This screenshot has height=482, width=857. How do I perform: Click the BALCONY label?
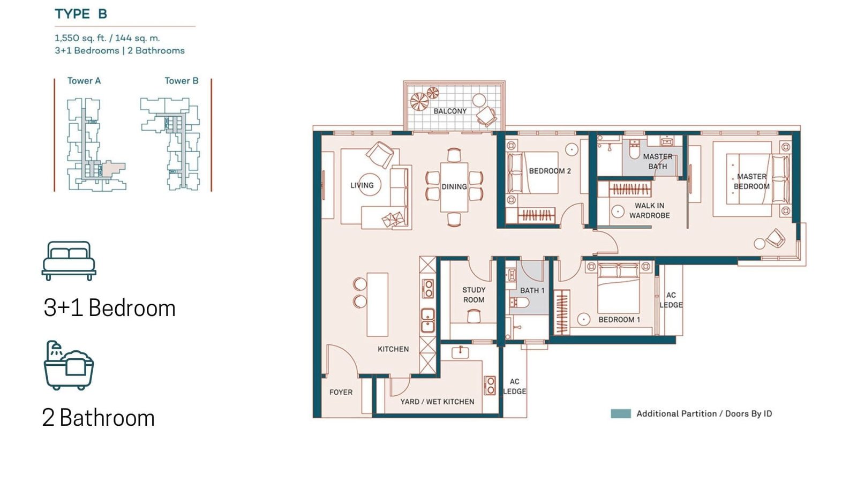click(450, 111)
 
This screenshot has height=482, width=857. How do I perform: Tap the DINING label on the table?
click(454, 187)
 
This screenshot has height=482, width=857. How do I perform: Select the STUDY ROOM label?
click(473, 295)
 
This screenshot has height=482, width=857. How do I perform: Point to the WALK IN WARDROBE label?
click(650, 210)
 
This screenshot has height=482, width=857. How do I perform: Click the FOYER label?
click(341, 392)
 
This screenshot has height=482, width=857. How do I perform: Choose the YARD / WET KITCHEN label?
click(437, 402)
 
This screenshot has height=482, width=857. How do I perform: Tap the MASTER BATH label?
click(658, 161)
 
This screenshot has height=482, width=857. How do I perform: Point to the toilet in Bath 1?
click(520, 303)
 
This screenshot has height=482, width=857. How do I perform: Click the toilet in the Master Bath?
click(634, 149)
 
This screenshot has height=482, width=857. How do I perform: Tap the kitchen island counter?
click(377, 305)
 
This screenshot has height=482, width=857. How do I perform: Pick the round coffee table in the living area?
click(369, 185)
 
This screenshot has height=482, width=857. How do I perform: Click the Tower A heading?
click(84, 81)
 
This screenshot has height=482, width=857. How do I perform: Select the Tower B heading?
click(182, 81)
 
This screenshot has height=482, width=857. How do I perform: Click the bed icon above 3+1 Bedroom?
click(69, 261)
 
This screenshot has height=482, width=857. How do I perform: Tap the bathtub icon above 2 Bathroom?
click(69, 365)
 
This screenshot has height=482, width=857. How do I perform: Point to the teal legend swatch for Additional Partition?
click(621, 413)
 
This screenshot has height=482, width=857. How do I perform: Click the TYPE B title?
click(81, 14)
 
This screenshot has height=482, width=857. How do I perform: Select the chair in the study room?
click(473, 317)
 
